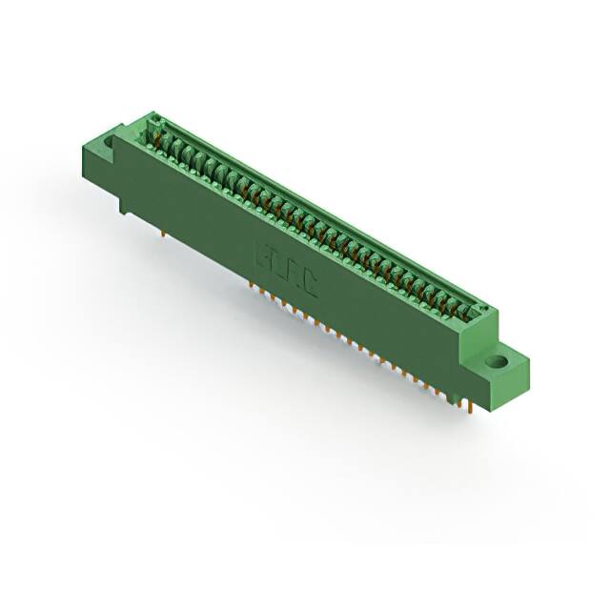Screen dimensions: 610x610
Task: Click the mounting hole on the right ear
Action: (x=497, y=362)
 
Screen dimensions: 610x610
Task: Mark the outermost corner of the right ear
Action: (x=529, y=359)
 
